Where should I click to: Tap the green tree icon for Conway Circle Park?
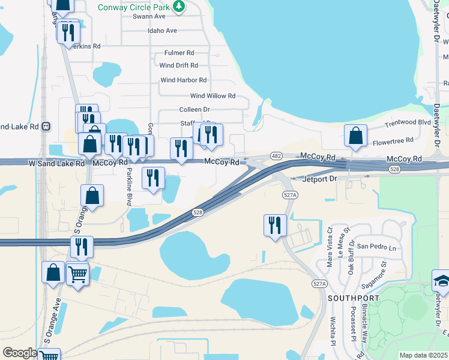[178, 7]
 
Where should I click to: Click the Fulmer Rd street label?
[175, 53]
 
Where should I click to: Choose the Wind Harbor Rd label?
[183, 80]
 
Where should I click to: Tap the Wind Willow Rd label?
[212, 95]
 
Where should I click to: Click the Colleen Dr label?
[194, 110]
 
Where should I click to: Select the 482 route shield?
[277, 155]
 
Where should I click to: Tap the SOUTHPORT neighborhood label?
[354, 298]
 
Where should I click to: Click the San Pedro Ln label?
[376, 247]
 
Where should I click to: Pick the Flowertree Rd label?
[393, 140]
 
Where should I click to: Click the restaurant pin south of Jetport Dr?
[275, 226]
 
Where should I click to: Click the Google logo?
[20, 353]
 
